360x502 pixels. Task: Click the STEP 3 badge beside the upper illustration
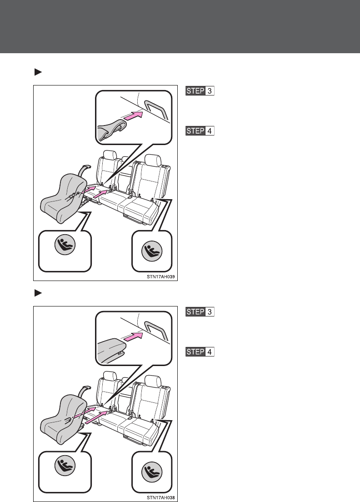pos(200,91)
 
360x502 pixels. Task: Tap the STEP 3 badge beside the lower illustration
pos(200,312)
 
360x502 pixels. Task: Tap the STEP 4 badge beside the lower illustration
pos(200,352)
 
